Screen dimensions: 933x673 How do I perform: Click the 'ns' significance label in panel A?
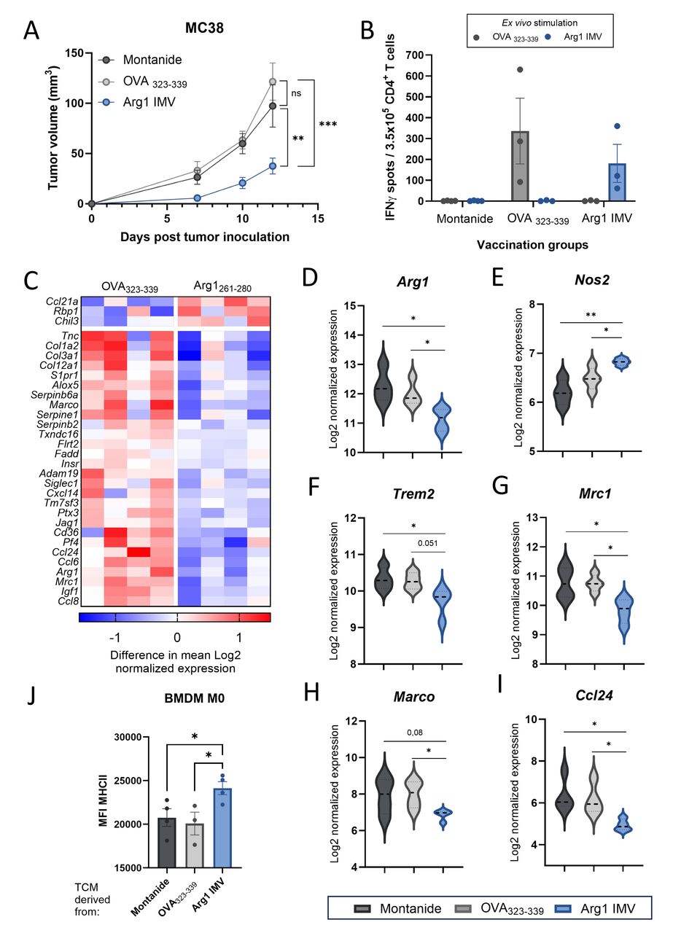tap(297, 93)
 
